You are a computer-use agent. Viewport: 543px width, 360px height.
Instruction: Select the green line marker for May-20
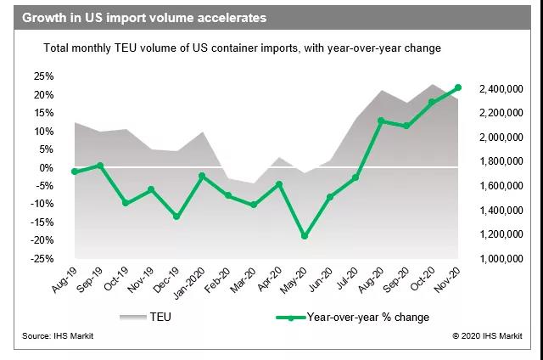coord(304,236)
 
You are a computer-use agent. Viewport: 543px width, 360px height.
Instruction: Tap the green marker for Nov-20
coord(458,87)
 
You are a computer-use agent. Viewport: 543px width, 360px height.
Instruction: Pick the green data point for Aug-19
coord(75,172)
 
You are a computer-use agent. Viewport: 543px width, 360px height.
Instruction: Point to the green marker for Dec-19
coord(176,217)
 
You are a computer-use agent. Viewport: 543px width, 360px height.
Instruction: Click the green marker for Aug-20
coord(381,121)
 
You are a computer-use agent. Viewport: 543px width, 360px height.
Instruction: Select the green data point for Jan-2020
coord(202,176)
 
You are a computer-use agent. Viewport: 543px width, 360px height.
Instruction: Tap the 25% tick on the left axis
coord(42,76)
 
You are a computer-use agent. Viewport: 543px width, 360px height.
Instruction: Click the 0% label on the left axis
coord(46,167)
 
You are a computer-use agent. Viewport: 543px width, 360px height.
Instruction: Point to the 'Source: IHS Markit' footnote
coord(60,337)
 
